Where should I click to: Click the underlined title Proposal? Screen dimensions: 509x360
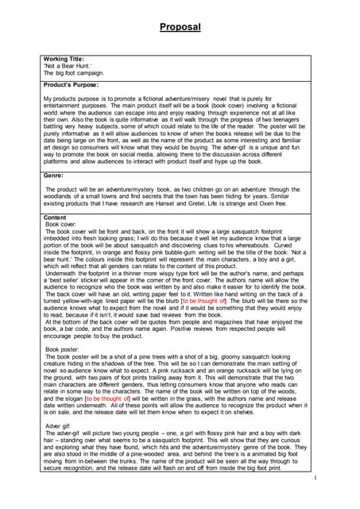pos(180,27)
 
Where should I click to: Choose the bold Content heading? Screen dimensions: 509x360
pos(56,218)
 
